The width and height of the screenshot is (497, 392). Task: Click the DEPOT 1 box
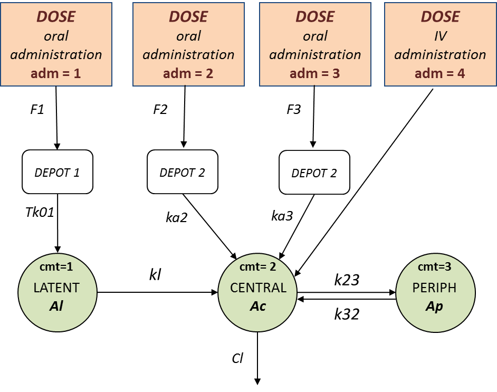pyautogui.click(x=57, y=172)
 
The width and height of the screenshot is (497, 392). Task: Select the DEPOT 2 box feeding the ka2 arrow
pyautogui.click(x=182, y=172)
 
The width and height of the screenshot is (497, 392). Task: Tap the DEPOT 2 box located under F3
pyautogui.click(x=314, y=172)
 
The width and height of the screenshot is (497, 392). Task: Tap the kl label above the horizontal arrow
pyautogui.click(x=155, y=275)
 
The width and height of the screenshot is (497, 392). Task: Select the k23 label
pyautogui.click(x=347, y=279)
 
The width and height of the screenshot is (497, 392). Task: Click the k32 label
pyautogui.click(x=347, y=314)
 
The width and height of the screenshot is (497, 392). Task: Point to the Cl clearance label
pyautogui.click(x=237, y=358)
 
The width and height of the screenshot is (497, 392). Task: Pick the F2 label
pyautogui.click(x=160, y=110)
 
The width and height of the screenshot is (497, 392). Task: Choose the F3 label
pyautogui.click(x=294, y=110)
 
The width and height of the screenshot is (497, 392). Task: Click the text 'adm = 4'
pyautogui.click(x=439, y=73)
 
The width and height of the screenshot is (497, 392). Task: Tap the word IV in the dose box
pyautogui.click(x=440, y=36)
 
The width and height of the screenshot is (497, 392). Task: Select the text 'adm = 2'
pyautogui.click(x=188, y=73)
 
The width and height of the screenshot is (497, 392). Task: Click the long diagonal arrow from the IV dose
pyautogui.click(x=364, y=181)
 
